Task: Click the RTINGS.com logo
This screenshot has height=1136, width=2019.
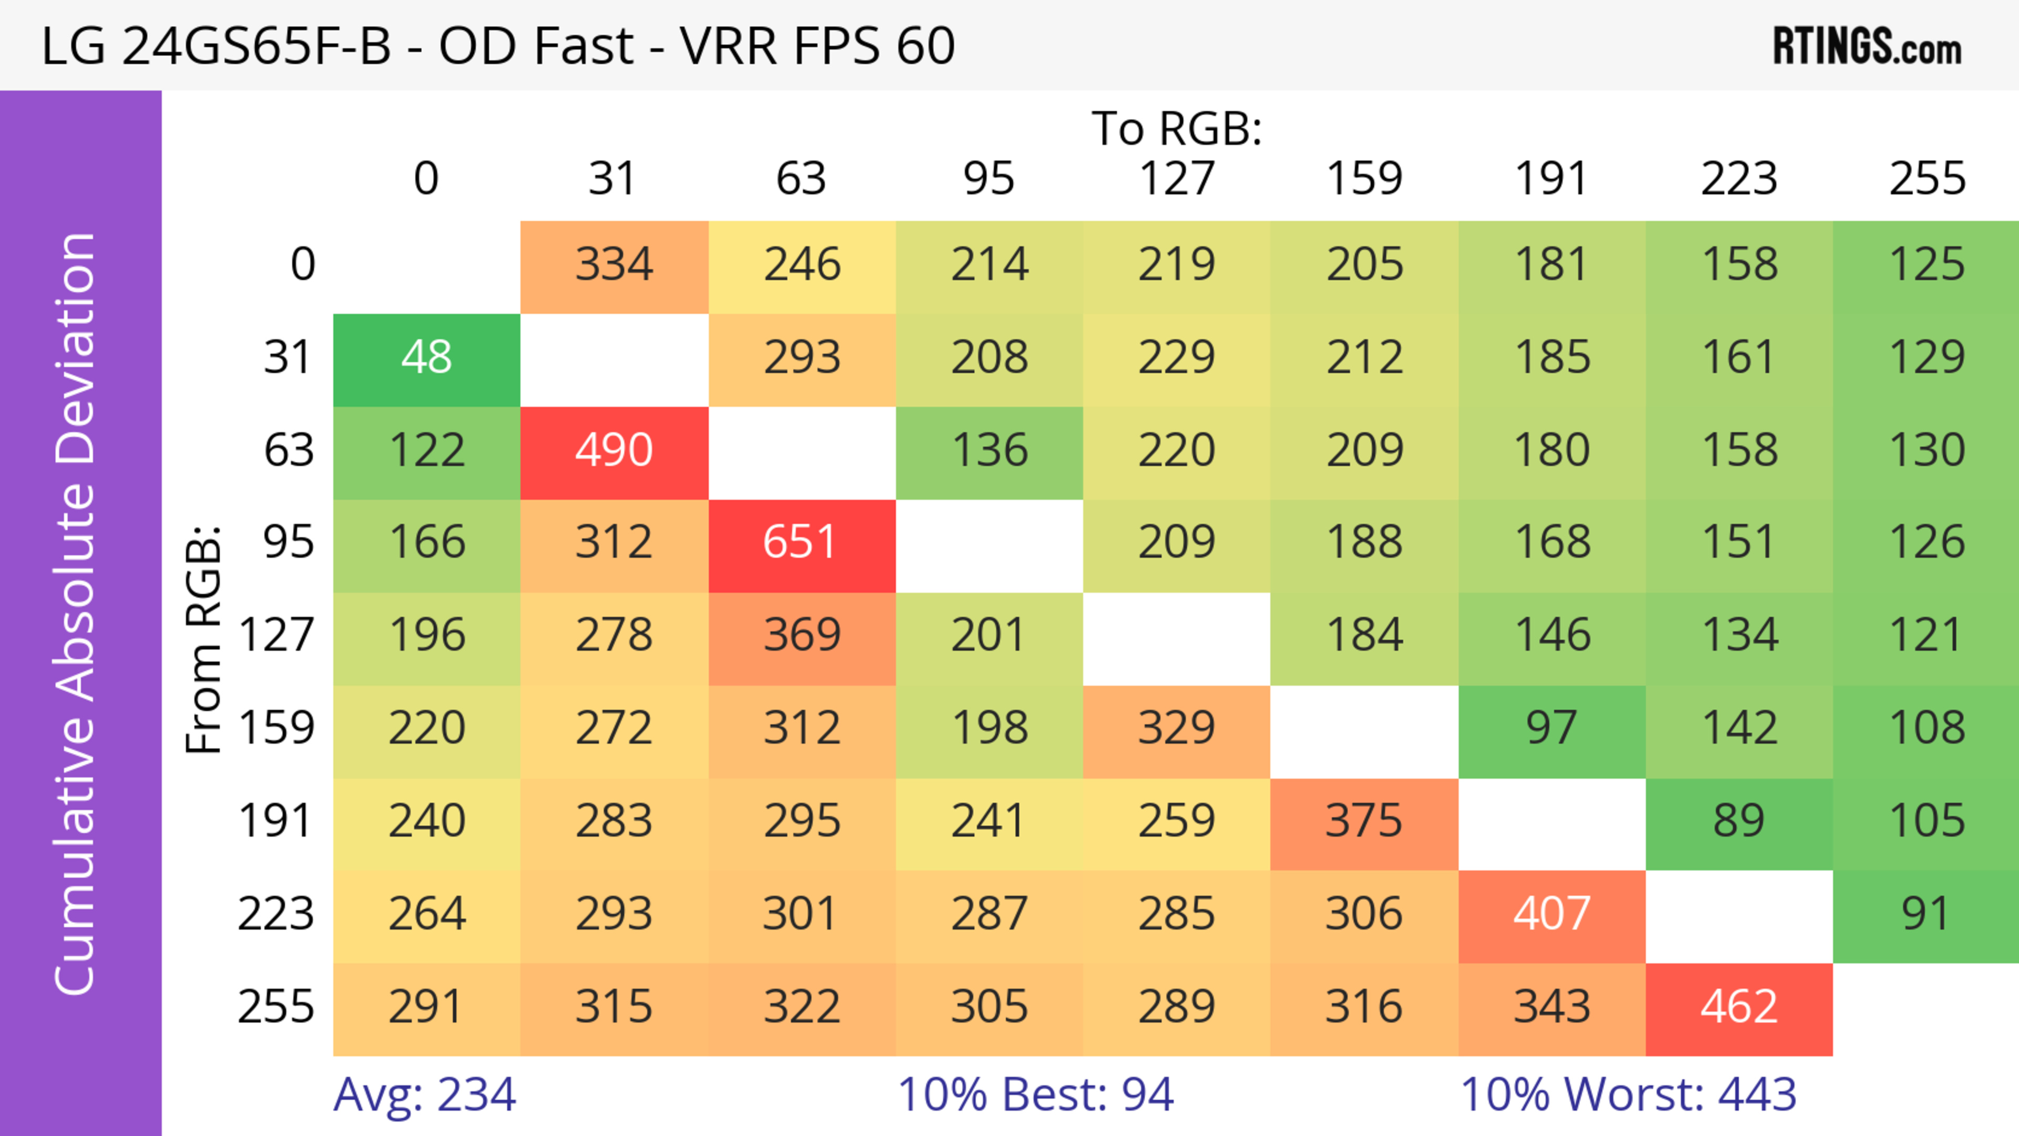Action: [1867, 47]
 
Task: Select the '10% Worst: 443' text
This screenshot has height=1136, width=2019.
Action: [1628, 1094]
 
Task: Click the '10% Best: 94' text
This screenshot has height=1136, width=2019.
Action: [1035, 1094]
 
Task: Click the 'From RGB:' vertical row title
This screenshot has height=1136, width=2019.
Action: [204, 639]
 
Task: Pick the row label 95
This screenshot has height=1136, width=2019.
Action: [289, 542]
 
